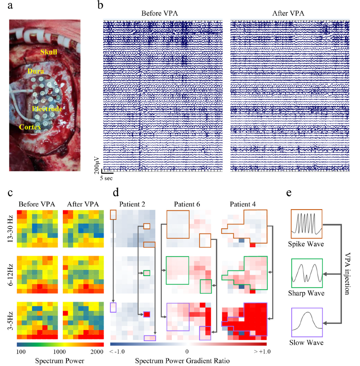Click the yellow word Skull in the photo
[x=49, y=52]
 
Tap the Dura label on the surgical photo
[x=35, y=70]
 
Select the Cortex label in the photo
[x=30, y=127]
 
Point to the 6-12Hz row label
[x=10, y=275]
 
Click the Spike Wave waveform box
[x=306, y=225]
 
